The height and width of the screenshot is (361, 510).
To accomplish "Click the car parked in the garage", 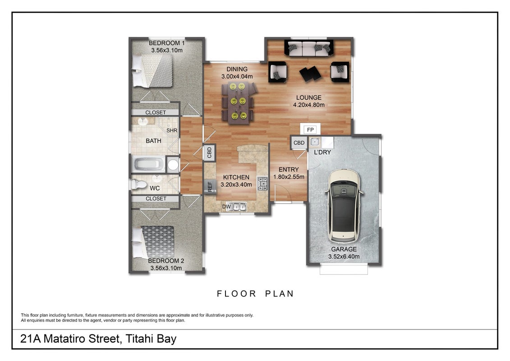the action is pos(344,206).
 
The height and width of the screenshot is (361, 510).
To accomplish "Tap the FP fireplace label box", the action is pos(310,130).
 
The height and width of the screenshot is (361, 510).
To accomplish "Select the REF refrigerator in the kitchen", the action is pos(210,186).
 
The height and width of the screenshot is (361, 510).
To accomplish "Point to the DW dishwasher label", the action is pos(226,206).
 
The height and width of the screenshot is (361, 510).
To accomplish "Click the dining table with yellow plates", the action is pos(238,102).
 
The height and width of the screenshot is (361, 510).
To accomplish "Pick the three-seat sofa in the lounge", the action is pos(309,48).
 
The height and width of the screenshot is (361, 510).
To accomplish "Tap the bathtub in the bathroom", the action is pos(149,164).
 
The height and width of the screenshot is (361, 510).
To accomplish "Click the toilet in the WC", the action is pos(139,184).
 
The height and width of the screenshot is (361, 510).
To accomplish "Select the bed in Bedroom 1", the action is pos(152,70).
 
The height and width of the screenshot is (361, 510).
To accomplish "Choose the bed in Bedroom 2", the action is pos(153,241).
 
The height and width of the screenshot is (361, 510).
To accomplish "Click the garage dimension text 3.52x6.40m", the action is pos(344,256).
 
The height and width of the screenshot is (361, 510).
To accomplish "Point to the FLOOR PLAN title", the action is pos(255,294).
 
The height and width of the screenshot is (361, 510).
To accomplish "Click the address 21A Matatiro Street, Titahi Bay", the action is pos(98,338).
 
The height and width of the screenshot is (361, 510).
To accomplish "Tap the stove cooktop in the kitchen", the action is pos(262,184).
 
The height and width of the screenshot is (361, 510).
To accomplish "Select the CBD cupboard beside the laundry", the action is pos(299,143).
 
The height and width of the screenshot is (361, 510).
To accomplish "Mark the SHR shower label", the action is pos(172,130).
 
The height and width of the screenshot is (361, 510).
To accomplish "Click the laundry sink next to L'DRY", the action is pos(314,142).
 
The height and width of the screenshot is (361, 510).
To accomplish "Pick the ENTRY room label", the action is pos(289,169).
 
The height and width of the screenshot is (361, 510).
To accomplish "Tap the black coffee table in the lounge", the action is pos(310,74).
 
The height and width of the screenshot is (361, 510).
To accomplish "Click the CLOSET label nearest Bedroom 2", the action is pos(156,199).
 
